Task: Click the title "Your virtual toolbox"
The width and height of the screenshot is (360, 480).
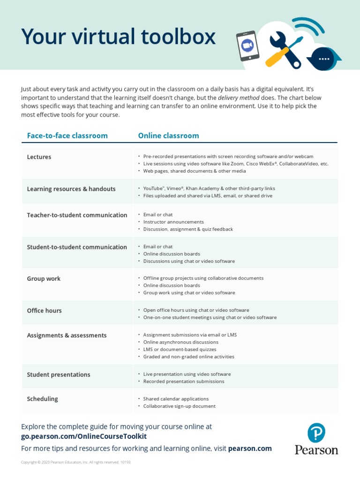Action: pos(118,37)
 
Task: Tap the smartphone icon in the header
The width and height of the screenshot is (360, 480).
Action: pos(247,45)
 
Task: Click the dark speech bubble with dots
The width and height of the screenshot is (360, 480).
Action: pos(323,59)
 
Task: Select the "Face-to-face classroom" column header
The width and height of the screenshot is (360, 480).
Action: pos(67,135)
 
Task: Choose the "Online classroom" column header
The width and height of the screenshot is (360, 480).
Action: pos(168,135)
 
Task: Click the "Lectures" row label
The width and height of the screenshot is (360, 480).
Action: pos(39,157)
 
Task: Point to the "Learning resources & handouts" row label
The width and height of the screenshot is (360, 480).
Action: pos(71,189)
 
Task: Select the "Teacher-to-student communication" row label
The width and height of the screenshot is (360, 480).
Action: pos(77,215)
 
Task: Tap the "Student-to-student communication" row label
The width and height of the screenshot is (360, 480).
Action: pos(77,247)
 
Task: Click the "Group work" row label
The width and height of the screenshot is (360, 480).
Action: pos(44,278)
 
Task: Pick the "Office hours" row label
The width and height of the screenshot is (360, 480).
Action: pos(44,310)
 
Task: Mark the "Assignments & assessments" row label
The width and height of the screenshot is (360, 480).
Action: pos(67,335)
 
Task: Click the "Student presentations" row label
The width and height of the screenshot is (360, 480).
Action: pos(59,375)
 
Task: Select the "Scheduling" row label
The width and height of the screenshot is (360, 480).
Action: pos(42,399)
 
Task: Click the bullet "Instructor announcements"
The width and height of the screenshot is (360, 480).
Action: pos(173,222)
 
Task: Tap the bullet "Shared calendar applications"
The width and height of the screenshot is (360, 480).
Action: pos(176,399)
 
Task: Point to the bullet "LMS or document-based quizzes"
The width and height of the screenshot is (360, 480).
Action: pos(180,349)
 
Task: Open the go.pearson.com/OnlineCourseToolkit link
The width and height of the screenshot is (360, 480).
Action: pos(84,436)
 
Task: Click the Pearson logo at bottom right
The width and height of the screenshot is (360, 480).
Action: pos(316,439)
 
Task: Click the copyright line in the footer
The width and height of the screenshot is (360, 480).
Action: pos(75,462)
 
